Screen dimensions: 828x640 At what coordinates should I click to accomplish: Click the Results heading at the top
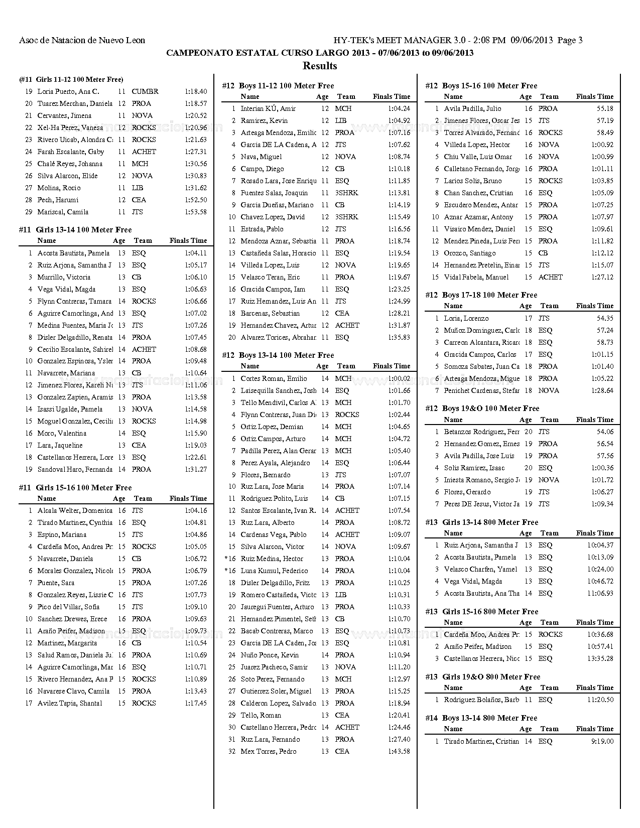coord(320,66)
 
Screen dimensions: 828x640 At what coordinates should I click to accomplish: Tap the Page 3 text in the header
coord(570,41)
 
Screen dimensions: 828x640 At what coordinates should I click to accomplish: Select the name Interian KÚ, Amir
coord(268,108)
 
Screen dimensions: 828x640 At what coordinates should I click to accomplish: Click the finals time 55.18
coord(604,108)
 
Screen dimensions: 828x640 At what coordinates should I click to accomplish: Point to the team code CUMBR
coord(145,91)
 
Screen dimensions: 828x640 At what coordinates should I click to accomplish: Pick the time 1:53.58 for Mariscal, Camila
coord(196,212)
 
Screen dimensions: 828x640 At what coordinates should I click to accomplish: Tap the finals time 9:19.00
coord(602,741)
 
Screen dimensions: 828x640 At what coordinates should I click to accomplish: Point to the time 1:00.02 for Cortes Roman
coord(399,378)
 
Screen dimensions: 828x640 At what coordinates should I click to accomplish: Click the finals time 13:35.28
coord(600,658)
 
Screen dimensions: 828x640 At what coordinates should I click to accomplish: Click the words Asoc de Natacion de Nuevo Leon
coord(82,41)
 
